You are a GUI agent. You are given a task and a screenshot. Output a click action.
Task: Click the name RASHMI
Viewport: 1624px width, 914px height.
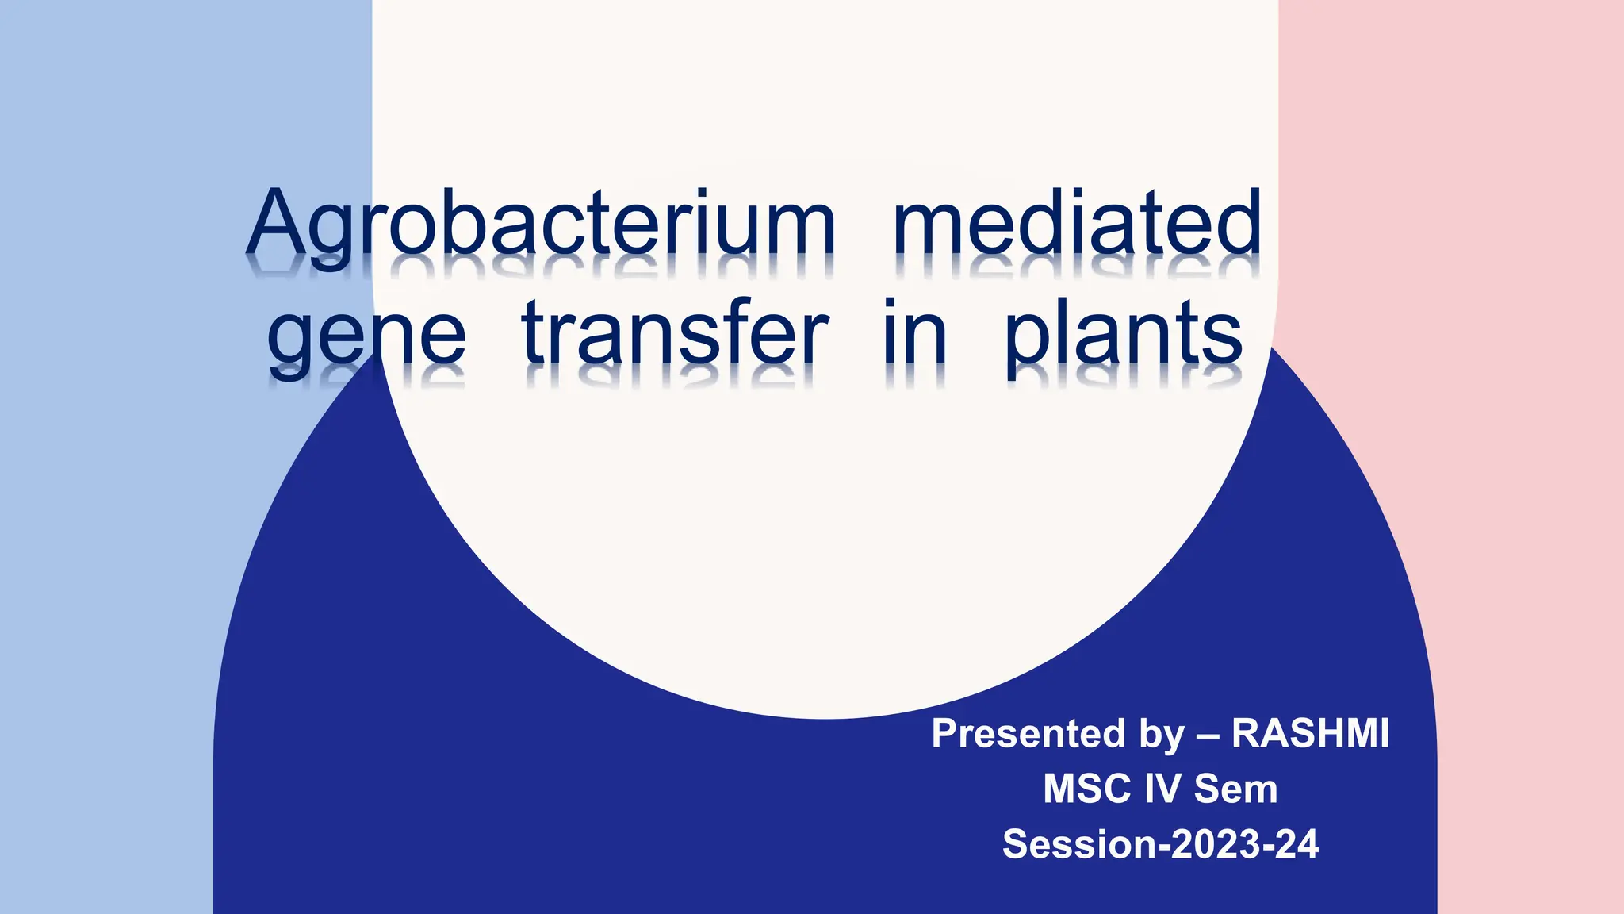click(x=1310, y=733)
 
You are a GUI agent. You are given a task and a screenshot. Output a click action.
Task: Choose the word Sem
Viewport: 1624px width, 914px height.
click(x=1235, y=789)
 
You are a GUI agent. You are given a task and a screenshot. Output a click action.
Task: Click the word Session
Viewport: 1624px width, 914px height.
click(x=1078, y=844)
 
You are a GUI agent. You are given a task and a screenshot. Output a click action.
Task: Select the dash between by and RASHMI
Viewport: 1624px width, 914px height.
click(x=1208, y=735)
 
